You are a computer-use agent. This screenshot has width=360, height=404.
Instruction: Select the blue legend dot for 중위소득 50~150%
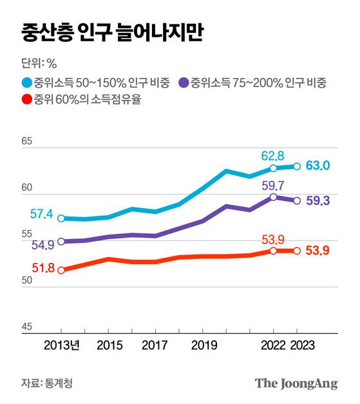pyautogui.click(x=26, y=82)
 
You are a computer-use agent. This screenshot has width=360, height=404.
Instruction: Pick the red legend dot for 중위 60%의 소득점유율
pyautogui.click(x=26, y=99)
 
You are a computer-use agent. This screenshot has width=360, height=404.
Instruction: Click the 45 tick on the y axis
pyautogui.click(x=26, y=327)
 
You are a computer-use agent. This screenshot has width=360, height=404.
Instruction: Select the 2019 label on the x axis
pyautogui.click(x=203, y=346)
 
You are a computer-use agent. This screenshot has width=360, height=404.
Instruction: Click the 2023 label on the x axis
pyautogui.click(x=297, y=346)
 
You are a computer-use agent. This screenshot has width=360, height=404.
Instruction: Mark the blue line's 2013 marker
pyautogui.click(x=61, y=218)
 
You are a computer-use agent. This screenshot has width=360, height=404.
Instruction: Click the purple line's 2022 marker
pyautogui.click(x=273, y=197)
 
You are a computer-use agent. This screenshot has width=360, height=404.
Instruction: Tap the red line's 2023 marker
pyautogui.click(x=297, y=251)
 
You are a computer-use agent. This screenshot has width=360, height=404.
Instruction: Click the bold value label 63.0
pyautogui.click(x=318, y=166)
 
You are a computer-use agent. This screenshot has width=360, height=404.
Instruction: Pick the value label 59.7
pyautogui.click(x=272, y=185)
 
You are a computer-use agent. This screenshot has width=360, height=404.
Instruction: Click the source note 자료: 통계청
pyautogui.click(x=47, y=383)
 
